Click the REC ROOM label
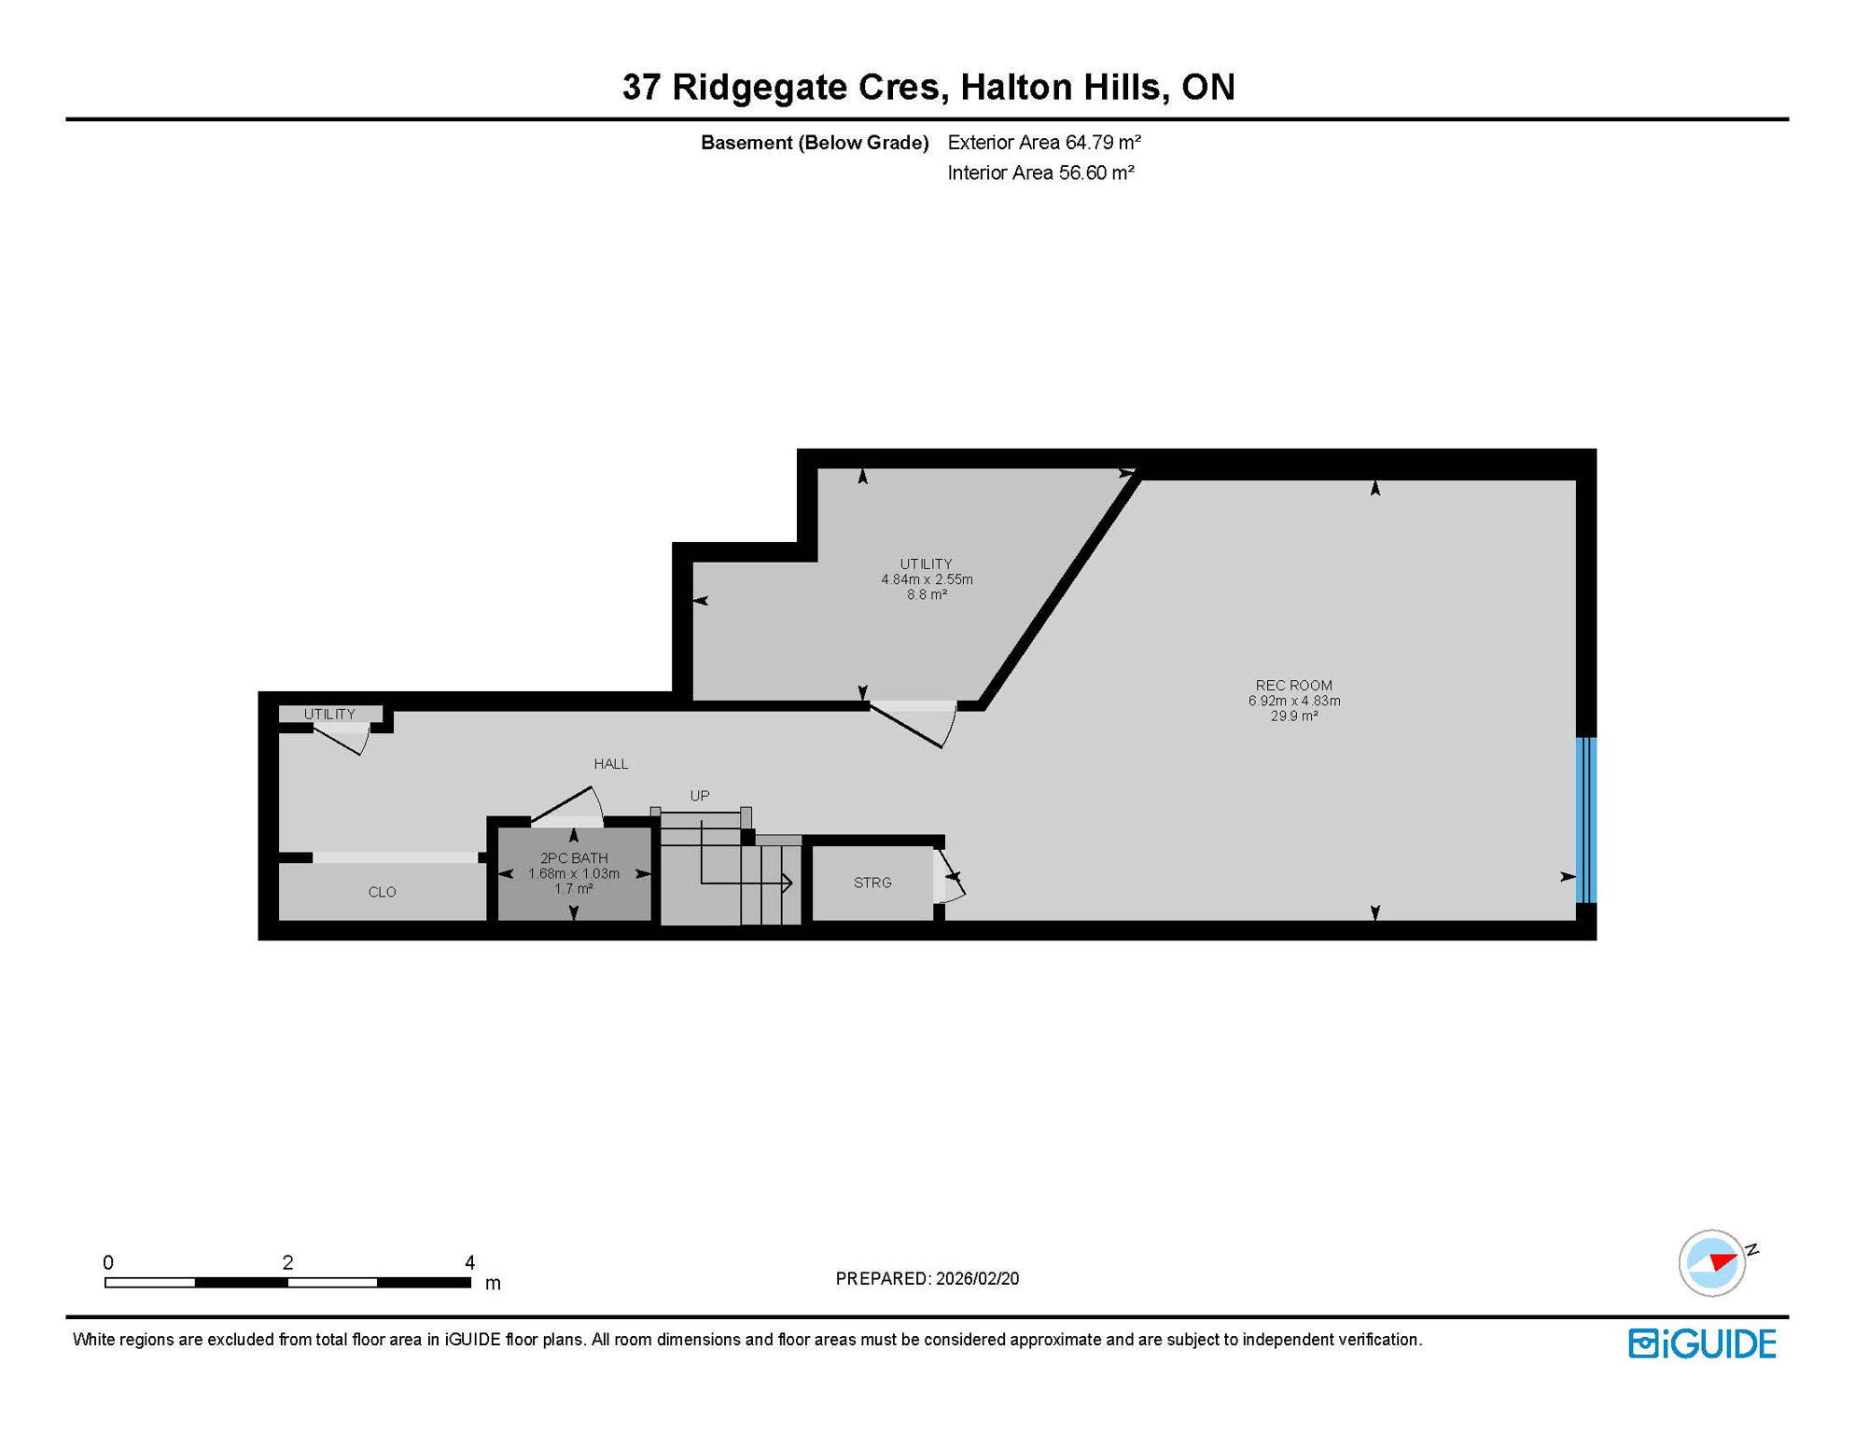pos(1293,685)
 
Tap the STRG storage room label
pos(872,883)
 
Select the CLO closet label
pos(382,892)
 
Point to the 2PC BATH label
pos(574,858)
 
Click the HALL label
pos(611,764)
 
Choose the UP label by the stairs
pos(700,796)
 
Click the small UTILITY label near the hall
pos(329,715)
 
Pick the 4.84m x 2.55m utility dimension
pos(927,579)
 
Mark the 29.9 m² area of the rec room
pos(1293,716)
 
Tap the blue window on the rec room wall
pos(1585,820)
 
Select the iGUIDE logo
pos(1702,1343)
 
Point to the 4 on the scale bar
pos(469,1262)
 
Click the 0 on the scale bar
pos(108,1262)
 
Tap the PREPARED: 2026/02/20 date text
pos(927,1278)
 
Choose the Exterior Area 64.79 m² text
pos(1043,143)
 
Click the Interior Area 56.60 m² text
pos(1040,173)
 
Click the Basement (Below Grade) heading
pos(815,143)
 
